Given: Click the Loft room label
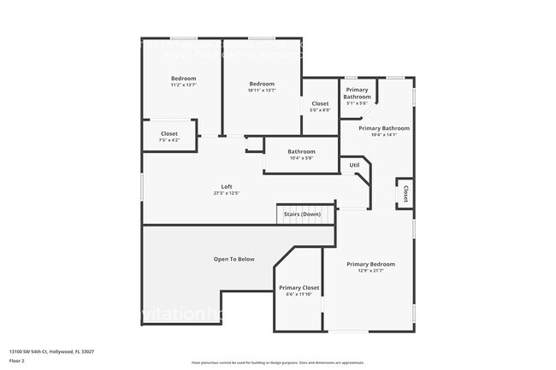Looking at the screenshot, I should [x=227, y=186].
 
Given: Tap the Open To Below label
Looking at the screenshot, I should [x=234, y=259].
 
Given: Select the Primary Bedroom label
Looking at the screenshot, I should [x=370, y=264].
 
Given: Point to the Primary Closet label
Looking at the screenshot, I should [x=299, y=288].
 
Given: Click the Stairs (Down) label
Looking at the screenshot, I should [x=302, y=214].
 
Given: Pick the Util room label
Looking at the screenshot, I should [x=354, y=165].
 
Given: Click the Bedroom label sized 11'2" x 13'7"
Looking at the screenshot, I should [x=183, y=79].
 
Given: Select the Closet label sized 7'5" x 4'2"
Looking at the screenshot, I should [x=169, y=134].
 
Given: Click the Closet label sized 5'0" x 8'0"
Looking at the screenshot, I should [x=319, y=103].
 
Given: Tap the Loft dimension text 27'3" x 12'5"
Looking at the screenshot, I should [x=227, y=193].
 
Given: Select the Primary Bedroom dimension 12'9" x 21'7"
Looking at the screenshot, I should [x=370, y=271].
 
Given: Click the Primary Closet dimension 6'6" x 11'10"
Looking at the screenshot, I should [x=299, y=295].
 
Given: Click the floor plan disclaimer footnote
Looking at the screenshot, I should [x=277, y=362].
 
